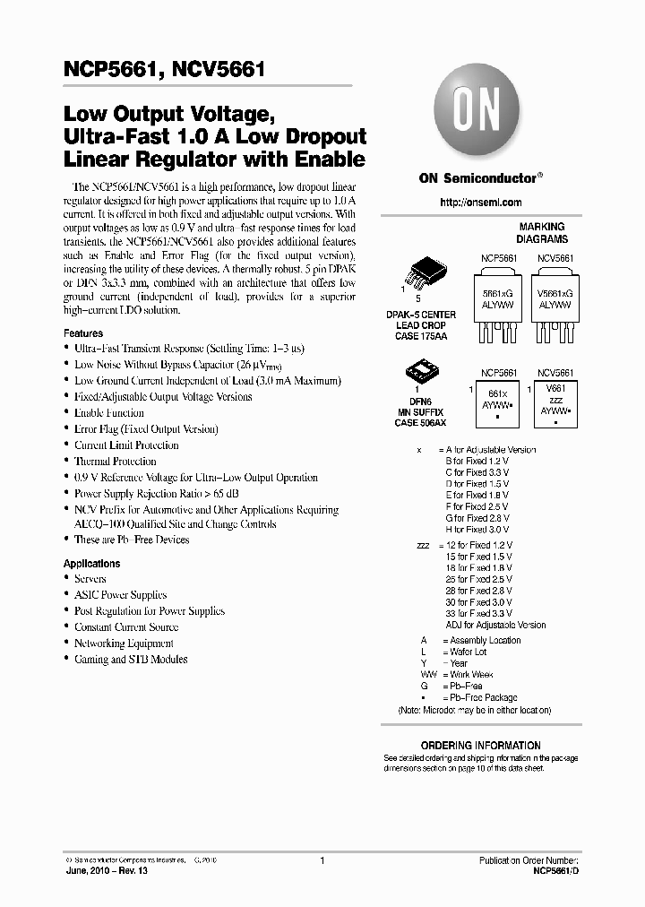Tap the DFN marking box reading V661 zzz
[x=555, y=402]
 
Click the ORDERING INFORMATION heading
[x=480, y=746]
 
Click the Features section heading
[x=83, y=333]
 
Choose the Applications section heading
[x=91, y=564]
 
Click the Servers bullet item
[x=90, y=579]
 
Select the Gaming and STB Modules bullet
[x=131, y=660]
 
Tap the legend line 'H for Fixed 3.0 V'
[x=477, y=530]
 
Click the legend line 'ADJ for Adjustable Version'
[x=495, y=626]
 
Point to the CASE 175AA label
[x=425, y=337]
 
